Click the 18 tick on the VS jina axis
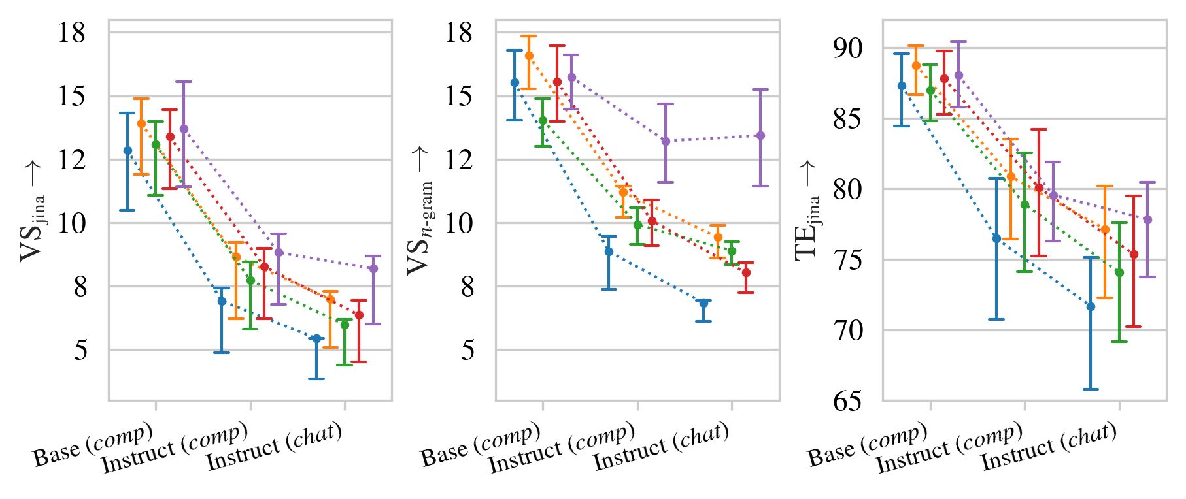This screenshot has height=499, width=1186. click(x=72, y=33)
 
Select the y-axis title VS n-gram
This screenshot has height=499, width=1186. click(x=420, y=211)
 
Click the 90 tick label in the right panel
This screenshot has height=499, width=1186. click(x=849, y=48)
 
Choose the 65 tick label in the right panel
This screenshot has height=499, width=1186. click(x=849, y=400)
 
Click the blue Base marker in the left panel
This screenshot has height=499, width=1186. click(x=127, y=151)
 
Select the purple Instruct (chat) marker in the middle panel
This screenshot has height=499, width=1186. click(x=760, y=136)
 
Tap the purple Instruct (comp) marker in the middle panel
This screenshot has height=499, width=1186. click(x=666, y=141)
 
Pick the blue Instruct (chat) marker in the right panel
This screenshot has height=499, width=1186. click(x=1091, y=306)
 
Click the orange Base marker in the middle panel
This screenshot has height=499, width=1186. click(x=529, y=56)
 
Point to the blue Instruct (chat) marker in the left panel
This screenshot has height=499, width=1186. click(x=316, y=338)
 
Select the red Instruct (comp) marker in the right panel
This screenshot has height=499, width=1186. click(x=1039, y=187)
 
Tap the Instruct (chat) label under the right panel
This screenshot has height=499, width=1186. click(x=1049, y=447)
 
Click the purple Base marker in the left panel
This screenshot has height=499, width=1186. click(x=184, y=129)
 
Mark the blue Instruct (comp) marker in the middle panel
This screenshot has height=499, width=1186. click(x=609, y=251)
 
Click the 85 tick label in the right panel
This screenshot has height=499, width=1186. click(x=849, y=119)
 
